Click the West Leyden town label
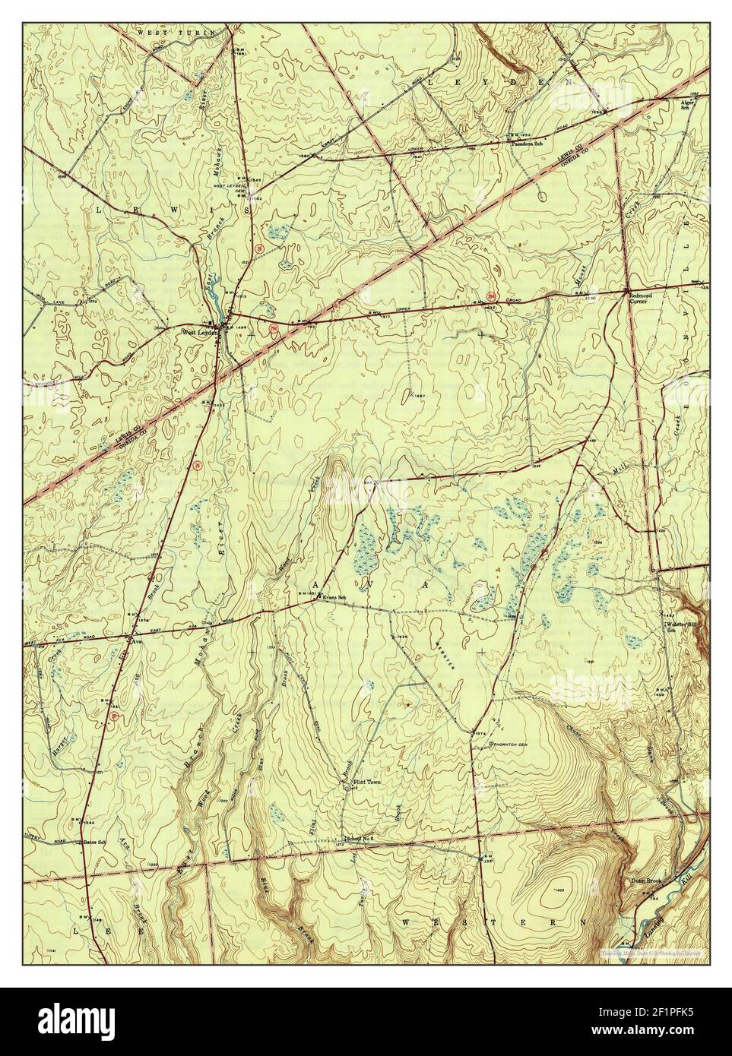point(199,332)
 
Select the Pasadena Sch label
point(527,143)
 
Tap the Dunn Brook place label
point(645,882)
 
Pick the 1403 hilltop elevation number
point(562,889)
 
